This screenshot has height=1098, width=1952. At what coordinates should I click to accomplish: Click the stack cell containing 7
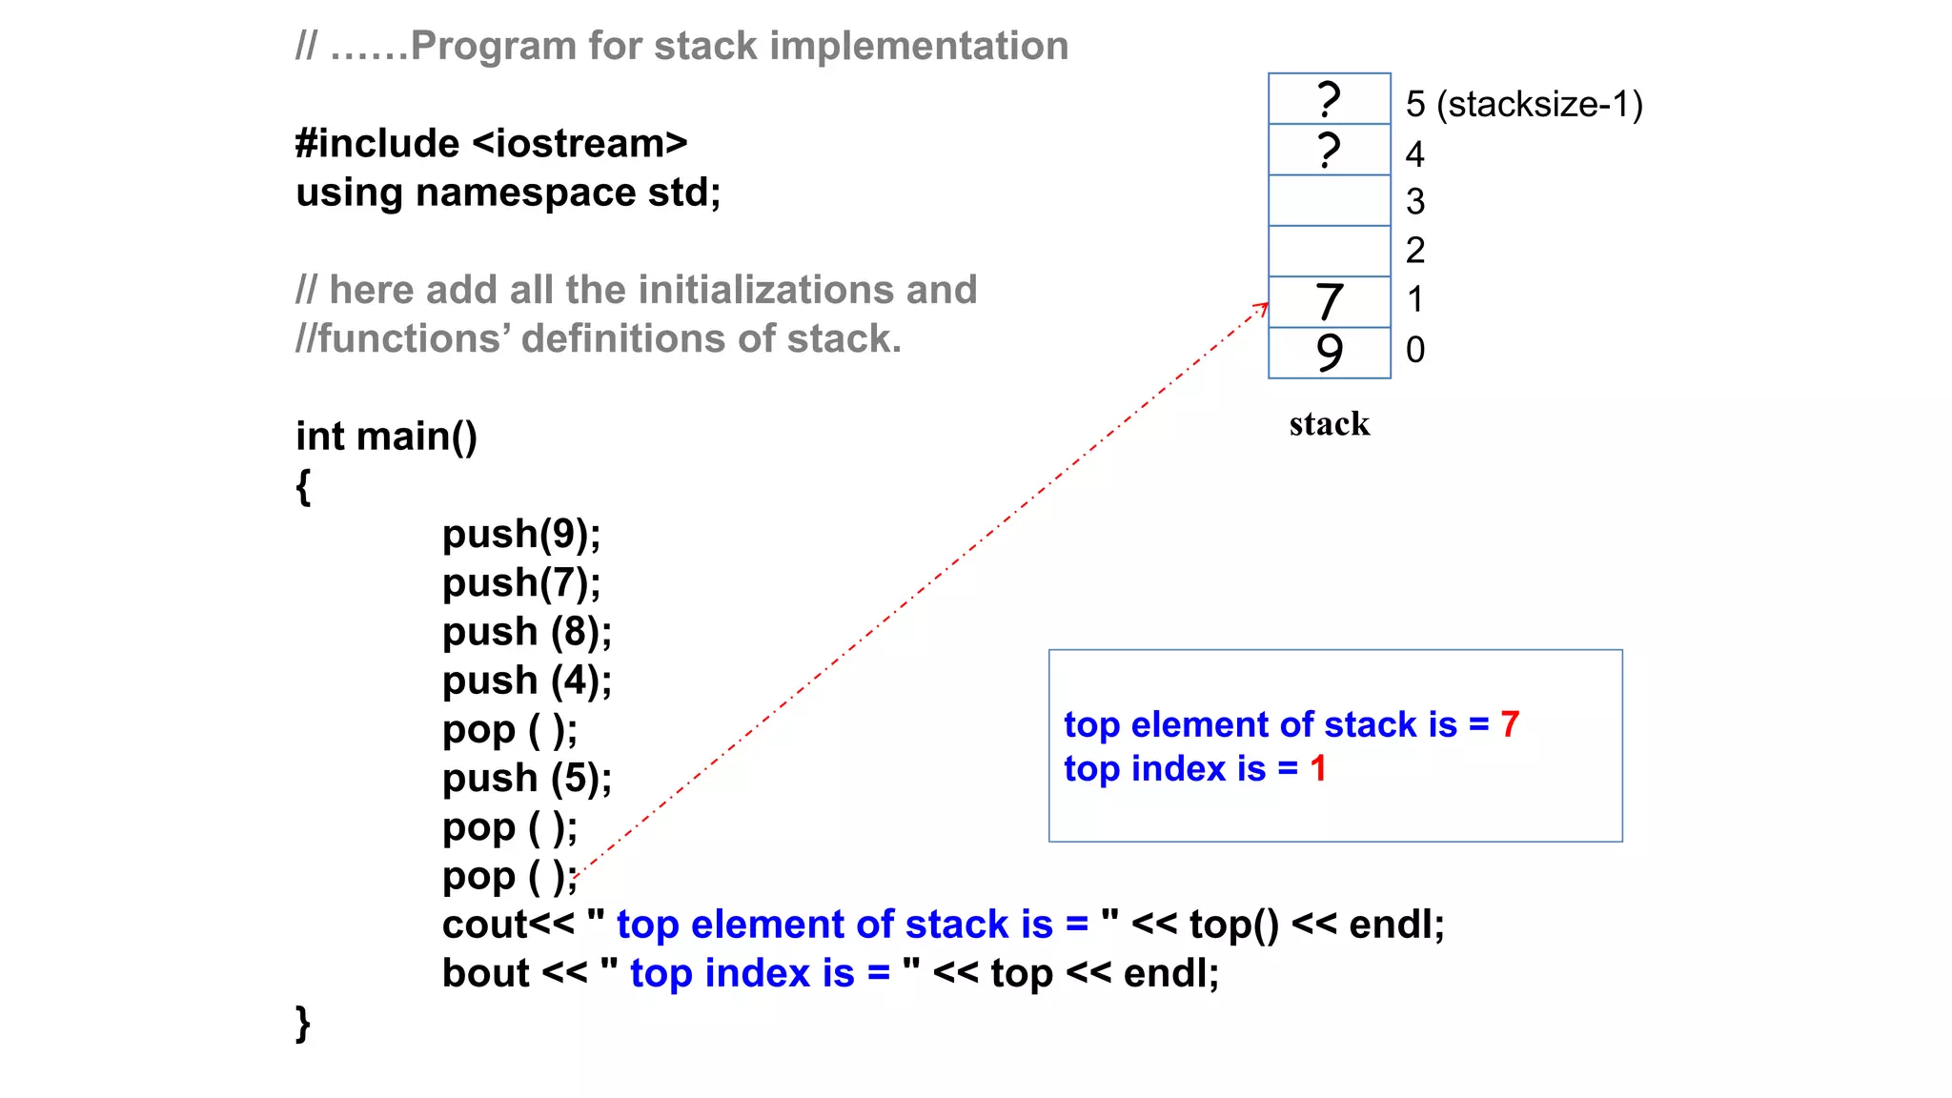click(1329, 302)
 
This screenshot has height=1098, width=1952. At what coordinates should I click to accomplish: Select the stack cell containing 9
click(1329, 353)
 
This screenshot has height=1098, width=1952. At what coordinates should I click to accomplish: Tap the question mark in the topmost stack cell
click(1329, 99)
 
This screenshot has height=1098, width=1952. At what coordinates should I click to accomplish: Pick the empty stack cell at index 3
click(1329, 200)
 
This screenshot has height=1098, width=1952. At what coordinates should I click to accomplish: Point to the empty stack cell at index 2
click(1329, 251)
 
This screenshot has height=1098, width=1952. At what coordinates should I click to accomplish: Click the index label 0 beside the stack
click(1415, 350)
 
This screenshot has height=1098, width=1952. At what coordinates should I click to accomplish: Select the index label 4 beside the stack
click(1414, 153)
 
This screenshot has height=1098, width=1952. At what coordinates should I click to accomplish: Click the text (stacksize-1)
click(1539, 104)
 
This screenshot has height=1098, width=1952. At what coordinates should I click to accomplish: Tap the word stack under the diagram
click(1329, 423)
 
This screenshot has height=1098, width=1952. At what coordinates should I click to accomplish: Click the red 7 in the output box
click(1510, 724)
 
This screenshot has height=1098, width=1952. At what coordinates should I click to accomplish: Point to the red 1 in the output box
click(1318, 768)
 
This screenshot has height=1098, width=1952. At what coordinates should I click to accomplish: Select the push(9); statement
click(521, 534)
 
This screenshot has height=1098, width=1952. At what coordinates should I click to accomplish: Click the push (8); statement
click(526, 632)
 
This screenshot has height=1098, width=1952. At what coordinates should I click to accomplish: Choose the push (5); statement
click(526, 779)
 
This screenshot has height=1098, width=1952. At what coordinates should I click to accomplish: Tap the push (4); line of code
click(526, 681)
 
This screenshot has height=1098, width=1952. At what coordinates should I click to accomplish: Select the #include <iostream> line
click(491, 143)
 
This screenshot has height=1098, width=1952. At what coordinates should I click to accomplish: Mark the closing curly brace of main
click(303, 1024)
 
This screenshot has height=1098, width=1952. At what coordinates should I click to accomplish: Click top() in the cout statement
click(1233, 925)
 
